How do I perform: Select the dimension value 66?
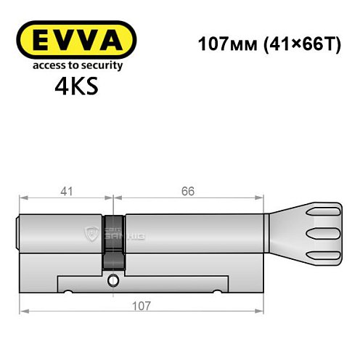click(188, 192)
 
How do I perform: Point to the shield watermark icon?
click(92, 233)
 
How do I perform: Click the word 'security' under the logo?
click(102, 65)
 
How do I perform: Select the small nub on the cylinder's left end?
click(18, 234)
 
